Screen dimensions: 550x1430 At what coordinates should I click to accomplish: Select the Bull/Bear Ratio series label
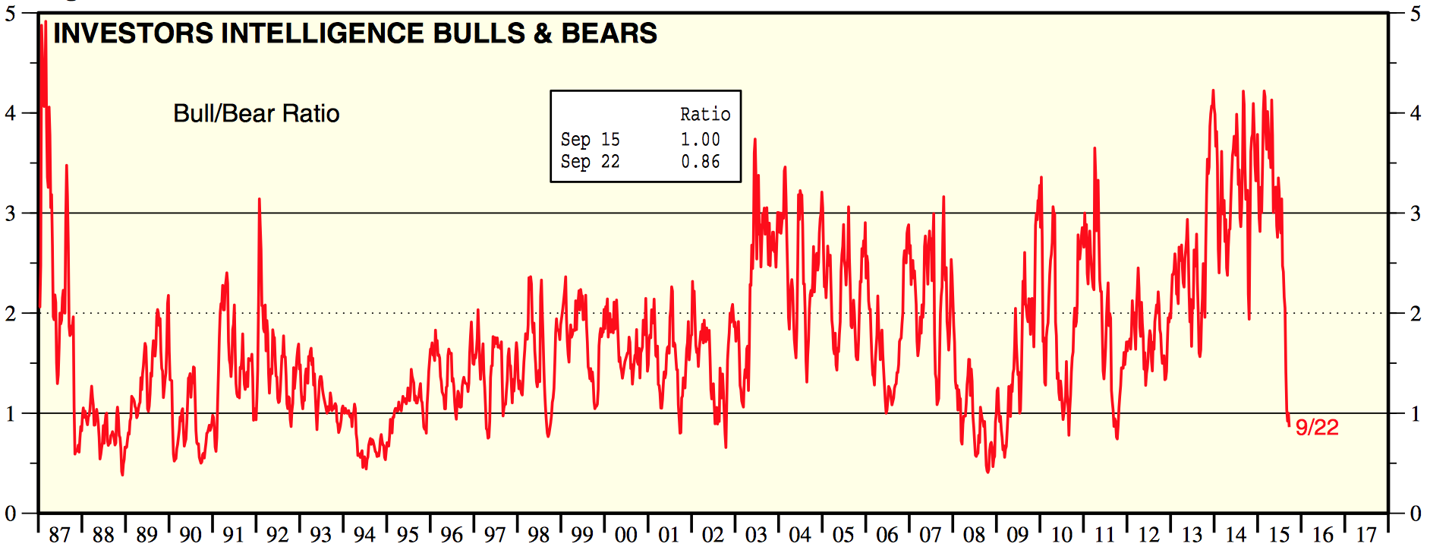pos(257,113)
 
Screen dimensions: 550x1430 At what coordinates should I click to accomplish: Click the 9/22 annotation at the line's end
pos(1317,427)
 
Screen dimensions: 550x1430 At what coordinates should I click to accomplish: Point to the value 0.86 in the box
pos(700,162)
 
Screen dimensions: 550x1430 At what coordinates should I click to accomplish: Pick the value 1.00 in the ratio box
pos(700,140)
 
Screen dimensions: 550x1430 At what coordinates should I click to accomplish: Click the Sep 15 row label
pos(590,140)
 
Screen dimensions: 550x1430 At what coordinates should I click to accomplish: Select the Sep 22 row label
pos(590,162)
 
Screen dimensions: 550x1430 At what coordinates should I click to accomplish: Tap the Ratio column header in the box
pos(705,115)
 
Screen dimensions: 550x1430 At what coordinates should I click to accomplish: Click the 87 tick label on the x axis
pos(59,535)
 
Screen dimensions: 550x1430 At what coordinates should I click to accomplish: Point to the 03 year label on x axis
pos(756,535)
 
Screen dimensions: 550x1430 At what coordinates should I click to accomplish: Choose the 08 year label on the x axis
pos(974,535)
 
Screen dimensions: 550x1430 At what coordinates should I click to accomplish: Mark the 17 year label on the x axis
pos(1366,535)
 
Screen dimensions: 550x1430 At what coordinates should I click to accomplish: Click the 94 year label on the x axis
pos(364,535)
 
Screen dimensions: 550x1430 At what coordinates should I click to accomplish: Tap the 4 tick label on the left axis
pos(11,113)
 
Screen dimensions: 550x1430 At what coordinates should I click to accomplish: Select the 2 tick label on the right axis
pos(1416,314)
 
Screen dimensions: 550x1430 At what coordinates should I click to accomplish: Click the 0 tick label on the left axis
pos(11,514)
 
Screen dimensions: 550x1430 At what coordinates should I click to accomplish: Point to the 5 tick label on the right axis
pos(1416,14)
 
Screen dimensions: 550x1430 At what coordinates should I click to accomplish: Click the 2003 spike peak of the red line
pos(754,140)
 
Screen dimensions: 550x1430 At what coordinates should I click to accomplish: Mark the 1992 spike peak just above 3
pos(260,200)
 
